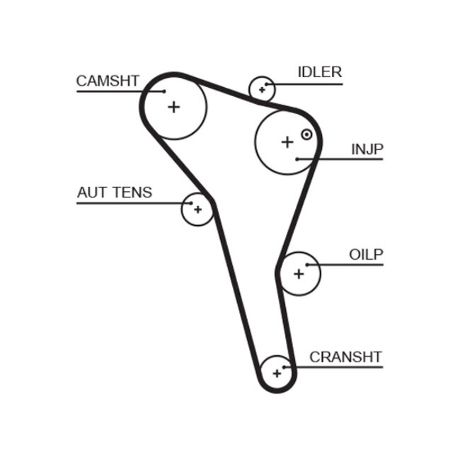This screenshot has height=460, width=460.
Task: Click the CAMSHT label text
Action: pyautogui.click(x=108, y=81)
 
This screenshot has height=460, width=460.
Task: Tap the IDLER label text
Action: pyautogui.click(x=319, y=72)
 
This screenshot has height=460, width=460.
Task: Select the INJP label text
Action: pyautogui.click(x=367, y=149)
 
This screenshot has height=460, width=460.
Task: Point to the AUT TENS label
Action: pyautogui.click(x=114, y=192)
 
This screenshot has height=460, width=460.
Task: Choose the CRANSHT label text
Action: pyautogui.click(x=345, y=357)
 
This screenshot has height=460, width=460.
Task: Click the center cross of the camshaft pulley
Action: pyautogui.click(x=174, y=107)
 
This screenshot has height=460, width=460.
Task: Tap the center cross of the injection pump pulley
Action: pyautogui.click(x=287, y=142)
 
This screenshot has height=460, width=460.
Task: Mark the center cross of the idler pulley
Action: pyautogui.click(x=262, y=90)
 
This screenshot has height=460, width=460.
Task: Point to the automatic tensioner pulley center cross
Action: pyautogui.click(x=197, y=209)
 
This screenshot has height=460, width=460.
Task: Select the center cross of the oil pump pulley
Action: pyautogui.click(x=298, y=273)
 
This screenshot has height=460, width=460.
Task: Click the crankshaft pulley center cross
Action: pyautogui.click(x=276, y=372)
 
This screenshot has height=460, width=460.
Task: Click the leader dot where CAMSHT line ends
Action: pyautogui.click(x=163, y=91)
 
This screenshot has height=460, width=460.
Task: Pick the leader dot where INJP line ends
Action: pyautogui.click(x=297, y=159)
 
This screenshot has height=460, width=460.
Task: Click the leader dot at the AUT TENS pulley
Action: pyautogui.click(x=191, y=204)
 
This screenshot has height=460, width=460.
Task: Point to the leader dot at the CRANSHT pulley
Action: pyautogui.click(x=284, y=367)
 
